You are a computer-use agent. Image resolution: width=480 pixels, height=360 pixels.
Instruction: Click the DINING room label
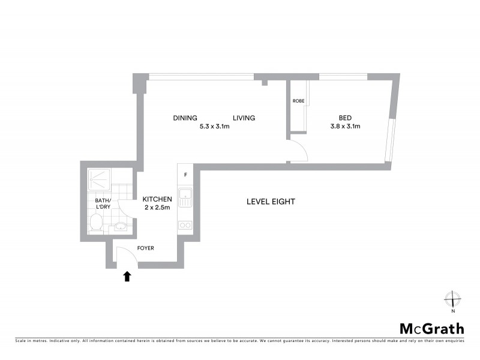(x=185, y=118)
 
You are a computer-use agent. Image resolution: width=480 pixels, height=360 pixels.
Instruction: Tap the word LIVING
(x=244, y=118)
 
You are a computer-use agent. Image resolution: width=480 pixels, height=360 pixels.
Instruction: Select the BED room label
(x=344, y=118)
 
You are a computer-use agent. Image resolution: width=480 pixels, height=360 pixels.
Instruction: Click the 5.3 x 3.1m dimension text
(x=215, y=127)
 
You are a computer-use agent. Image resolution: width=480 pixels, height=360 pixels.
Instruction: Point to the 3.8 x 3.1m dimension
(x=344, y=127)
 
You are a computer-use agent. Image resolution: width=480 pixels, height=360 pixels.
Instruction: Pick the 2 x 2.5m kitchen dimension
(x=157, y=208)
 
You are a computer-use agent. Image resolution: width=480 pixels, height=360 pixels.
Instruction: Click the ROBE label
(x=298, y=101)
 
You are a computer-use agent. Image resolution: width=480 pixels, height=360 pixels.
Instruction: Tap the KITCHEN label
(x=157, y=199)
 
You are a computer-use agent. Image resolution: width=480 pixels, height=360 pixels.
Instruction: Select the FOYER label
(x=146, y=248)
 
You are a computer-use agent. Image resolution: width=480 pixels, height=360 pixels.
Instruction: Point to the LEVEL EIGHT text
(x=271, y=202)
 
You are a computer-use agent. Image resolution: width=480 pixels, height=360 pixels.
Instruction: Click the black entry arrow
(x=127, y=276)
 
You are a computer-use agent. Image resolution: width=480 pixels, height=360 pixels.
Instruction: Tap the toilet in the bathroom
(x=95, y=224)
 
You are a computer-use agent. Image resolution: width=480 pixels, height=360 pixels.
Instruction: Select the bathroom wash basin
(x=121, y=227)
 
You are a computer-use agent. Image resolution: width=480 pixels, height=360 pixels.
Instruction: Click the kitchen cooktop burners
(x=185, y=226)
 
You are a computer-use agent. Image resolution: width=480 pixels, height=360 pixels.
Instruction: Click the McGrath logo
(x=432, y=328)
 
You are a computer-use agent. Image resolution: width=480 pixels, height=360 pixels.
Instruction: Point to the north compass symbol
(x=452, y=299)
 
